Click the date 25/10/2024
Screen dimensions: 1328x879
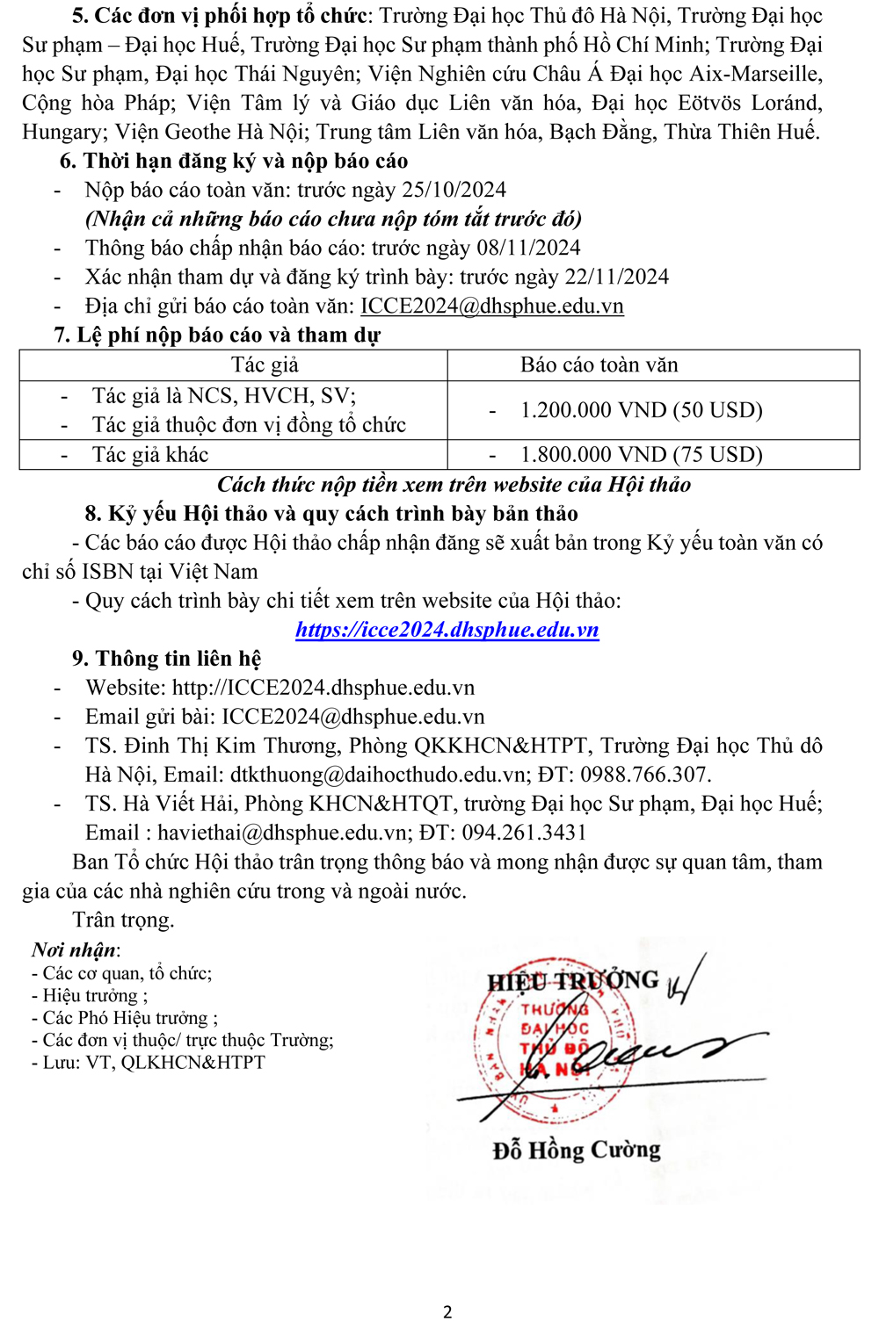coord(454,190)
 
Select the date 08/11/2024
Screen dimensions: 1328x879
coord(528,248)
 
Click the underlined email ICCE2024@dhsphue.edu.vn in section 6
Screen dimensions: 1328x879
coord(492,306)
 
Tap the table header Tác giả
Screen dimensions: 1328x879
coord(265,364)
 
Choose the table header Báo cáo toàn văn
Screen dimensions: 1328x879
coord(599,364)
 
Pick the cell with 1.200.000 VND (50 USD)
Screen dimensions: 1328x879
coord(641,410)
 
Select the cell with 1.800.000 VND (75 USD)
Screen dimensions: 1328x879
coord(641,454)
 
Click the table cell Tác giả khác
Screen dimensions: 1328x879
coord(150,454)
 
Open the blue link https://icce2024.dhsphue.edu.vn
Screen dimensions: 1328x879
coord(447,630)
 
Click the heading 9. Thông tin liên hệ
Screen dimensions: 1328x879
coord(166,659)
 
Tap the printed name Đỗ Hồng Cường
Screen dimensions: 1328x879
coord(577,1150)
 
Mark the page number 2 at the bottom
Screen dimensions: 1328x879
coord(447,1311)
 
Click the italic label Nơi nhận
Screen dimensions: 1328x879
coord(75,949)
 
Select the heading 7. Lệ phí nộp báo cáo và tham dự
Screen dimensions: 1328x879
coord(217,336)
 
